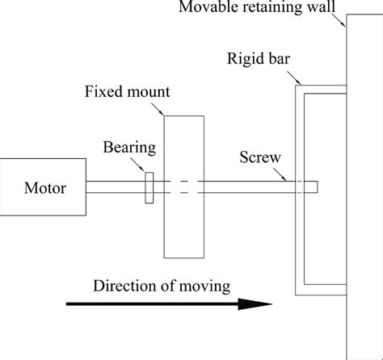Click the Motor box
pyautogui.click(x=43, y=187)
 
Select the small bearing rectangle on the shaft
pyautogui.click(x=149, y=187)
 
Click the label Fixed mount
pyautogui.click(x=126, y=90)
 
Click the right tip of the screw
pyautogui.click(x=316, y=186)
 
